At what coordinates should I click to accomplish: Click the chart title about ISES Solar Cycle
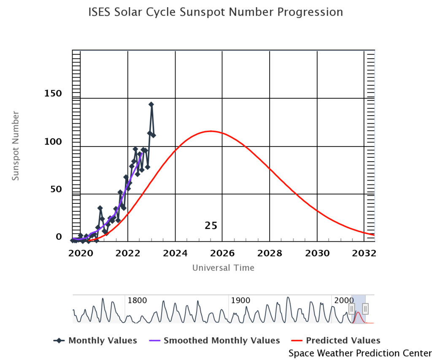click(x=216, y=12)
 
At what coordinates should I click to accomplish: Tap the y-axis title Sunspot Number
click(x=16, y=146)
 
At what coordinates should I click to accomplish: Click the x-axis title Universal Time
click(x=223, y=268)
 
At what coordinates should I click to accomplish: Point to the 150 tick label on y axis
click(x=53, y=93)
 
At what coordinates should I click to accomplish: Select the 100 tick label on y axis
click(x=53, y=141)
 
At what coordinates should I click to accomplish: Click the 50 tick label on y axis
click(x=56, y=189)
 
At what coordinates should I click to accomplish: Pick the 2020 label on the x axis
click(x=80, y=254)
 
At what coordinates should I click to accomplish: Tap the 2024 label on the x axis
click(x=175, y=254)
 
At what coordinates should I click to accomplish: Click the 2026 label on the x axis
click(x=222, y=254)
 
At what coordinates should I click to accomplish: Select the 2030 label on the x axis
click(x=317, y=254)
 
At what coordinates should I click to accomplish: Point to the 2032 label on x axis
click(x=364, y=254)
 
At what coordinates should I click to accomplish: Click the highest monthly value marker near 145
click(x=151, y=104)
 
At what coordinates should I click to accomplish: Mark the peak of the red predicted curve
click(x=211, y=131)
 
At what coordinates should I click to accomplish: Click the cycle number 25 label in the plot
click(x=211, y=226)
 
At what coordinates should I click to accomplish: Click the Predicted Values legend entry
click(x=336, y=341)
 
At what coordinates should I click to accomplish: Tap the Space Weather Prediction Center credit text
click(x=360, y=353)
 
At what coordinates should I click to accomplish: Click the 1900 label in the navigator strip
click(x=240, y=300)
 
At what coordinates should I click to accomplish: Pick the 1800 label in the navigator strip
click(x=137, y=300)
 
